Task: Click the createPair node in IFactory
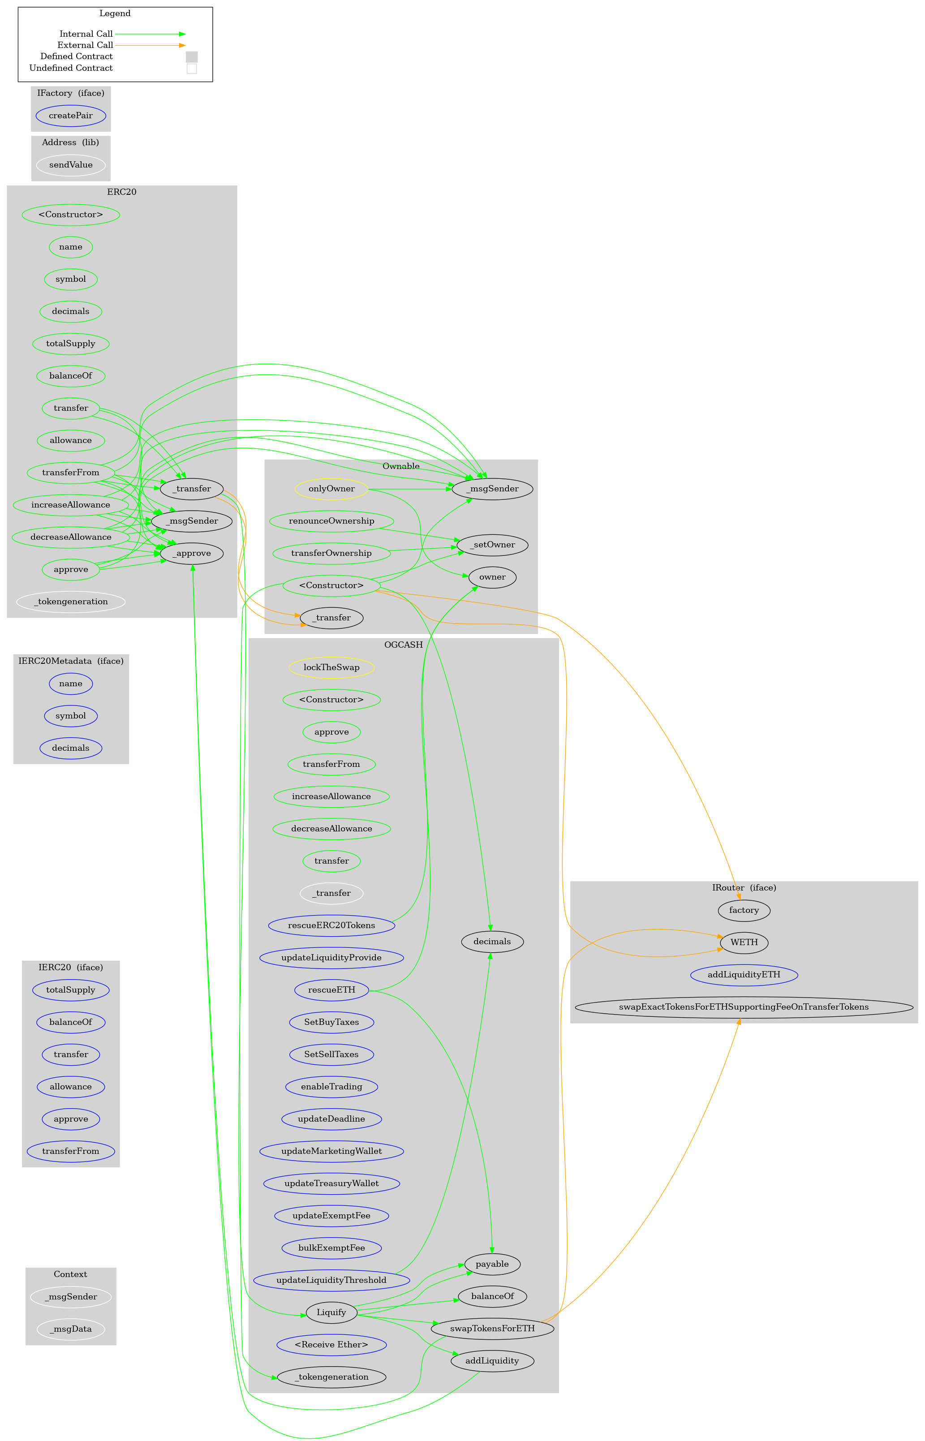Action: click(x=71, y=115)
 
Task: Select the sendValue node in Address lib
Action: click(x=71, y=164)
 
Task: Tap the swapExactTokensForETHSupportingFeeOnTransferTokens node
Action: click(x=743, y=1007)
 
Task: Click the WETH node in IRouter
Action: click(x=744, y=942)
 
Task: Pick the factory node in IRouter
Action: click(x=744, y=910)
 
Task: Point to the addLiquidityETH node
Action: click(x=744, y=974)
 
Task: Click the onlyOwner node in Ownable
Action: click(x=331, y=488)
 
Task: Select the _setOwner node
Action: click(x=493, y=545)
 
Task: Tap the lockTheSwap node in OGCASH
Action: click(x=331, y=667)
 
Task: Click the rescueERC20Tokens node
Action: click(x=331, y=925)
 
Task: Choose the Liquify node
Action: click(x=331, y=1312)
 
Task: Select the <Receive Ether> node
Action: click(x=331, y=1344)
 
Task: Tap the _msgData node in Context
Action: click(x=71, y=1329)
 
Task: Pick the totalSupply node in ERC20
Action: click(x=71, y=344)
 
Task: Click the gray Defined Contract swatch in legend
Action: click(x=192, y=56)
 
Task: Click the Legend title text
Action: click(x=115, y=13)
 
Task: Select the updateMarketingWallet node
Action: click(x=331, y=1151)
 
